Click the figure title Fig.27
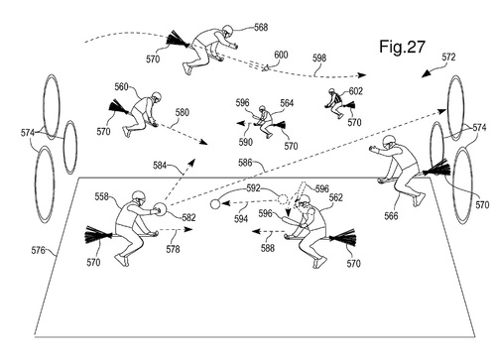coord(402,47)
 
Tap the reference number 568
coord(261,27)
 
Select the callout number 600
coord(281,55)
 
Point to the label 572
coord(448,58)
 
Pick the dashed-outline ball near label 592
coord(283,199)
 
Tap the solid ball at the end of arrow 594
coord(215,204)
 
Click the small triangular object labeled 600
coord(265,68)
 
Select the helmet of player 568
coord(227,31)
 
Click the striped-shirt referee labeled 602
coord(334,102)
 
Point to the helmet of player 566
coord(389,142)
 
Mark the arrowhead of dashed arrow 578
coord(188,229)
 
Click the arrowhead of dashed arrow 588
coord(256,231)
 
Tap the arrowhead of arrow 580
coord(204,142)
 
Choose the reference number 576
coord(39,250)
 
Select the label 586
coord(245,163)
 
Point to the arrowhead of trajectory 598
coord(362,75)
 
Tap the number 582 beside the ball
coord(188,217)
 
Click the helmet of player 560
coord(156,97)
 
